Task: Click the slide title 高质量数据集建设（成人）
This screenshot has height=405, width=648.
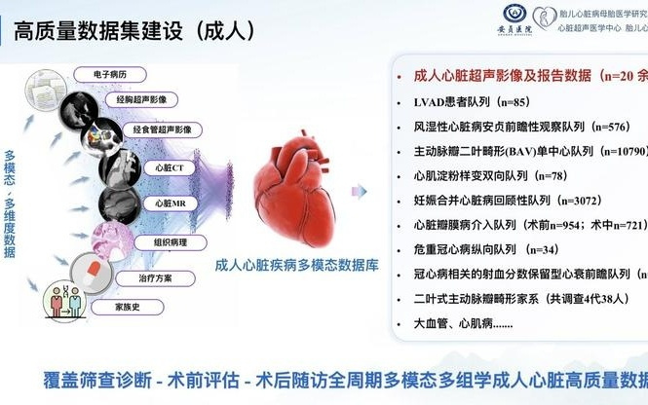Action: coord(135,29)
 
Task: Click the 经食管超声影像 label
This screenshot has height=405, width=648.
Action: coord(166,129)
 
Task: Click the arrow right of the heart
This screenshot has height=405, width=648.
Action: coord(362,192)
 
